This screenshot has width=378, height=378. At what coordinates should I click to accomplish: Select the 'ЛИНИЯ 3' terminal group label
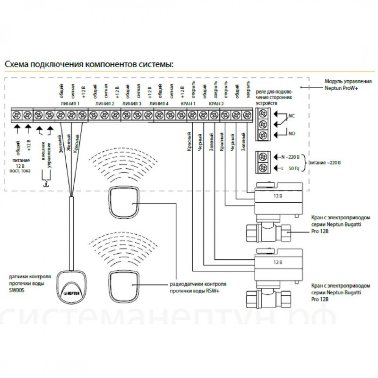(132, 103)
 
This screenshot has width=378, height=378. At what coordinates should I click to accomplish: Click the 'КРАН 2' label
(216, 103)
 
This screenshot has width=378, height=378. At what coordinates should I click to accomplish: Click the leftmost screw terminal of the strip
(17, 114)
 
